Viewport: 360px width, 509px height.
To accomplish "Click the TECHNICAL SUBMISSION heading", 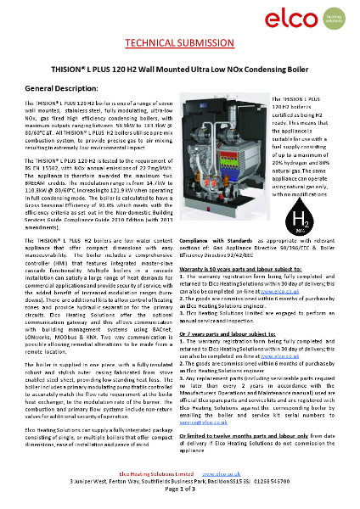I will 179,44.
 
